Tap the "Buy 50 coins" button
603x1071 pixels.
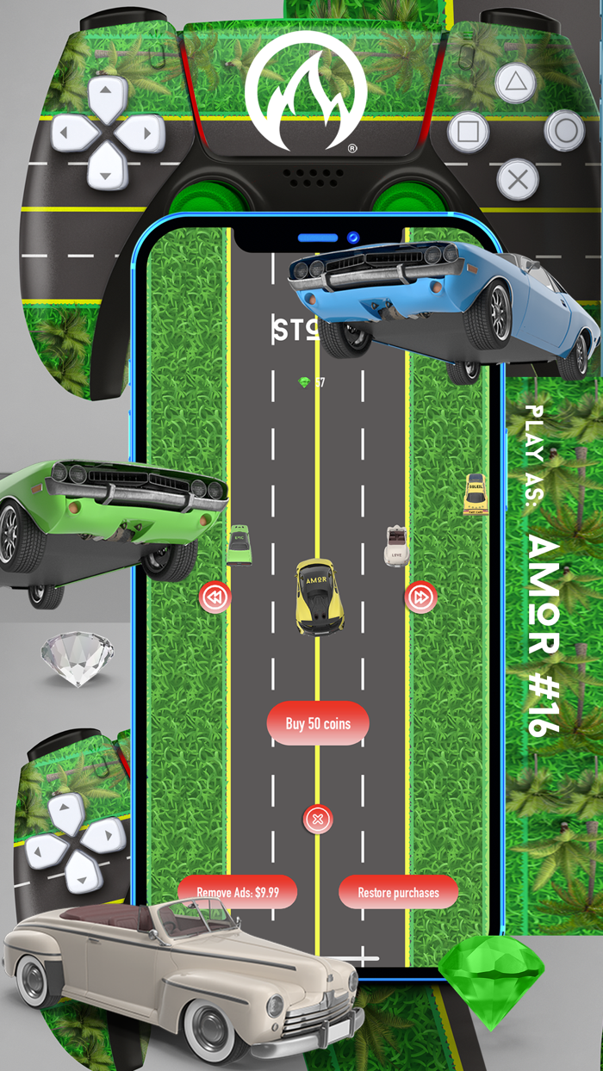pyautogui.click(x=318, y=723)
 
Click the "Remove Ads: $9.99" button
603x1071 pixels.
pyautogui.click(x=238, y=892)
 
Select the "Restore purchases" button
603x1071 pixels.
pyautogui.click(x=398, y=892)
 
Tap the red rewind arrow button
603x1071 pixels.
pyautogui.click(x=214, y=597)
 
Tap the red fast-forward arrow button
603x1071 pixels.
pyautogui.click(x=420, y=597)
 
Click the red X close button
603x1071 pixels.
pyautogui.click(x=318, y=819)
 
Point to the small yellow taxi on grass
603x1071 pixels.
pyautogui.click(x=475, y=494)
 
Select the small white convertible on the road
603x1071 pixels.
pyautogui.click(x=396, y=546)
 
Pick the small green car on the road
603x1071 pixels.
pyautogui.click(x=239, y=545)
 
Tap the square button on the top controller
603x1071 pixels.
pyautogui.click(x=468, y=132)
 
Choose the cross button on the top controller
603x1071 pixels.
pyautogui.click(x=518, y=180)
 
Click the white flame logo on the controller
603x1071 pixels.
pyautogui.click(x=306, y=92)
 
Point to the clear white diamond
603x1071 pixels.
pyautogui.click(x=78, y=657)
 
